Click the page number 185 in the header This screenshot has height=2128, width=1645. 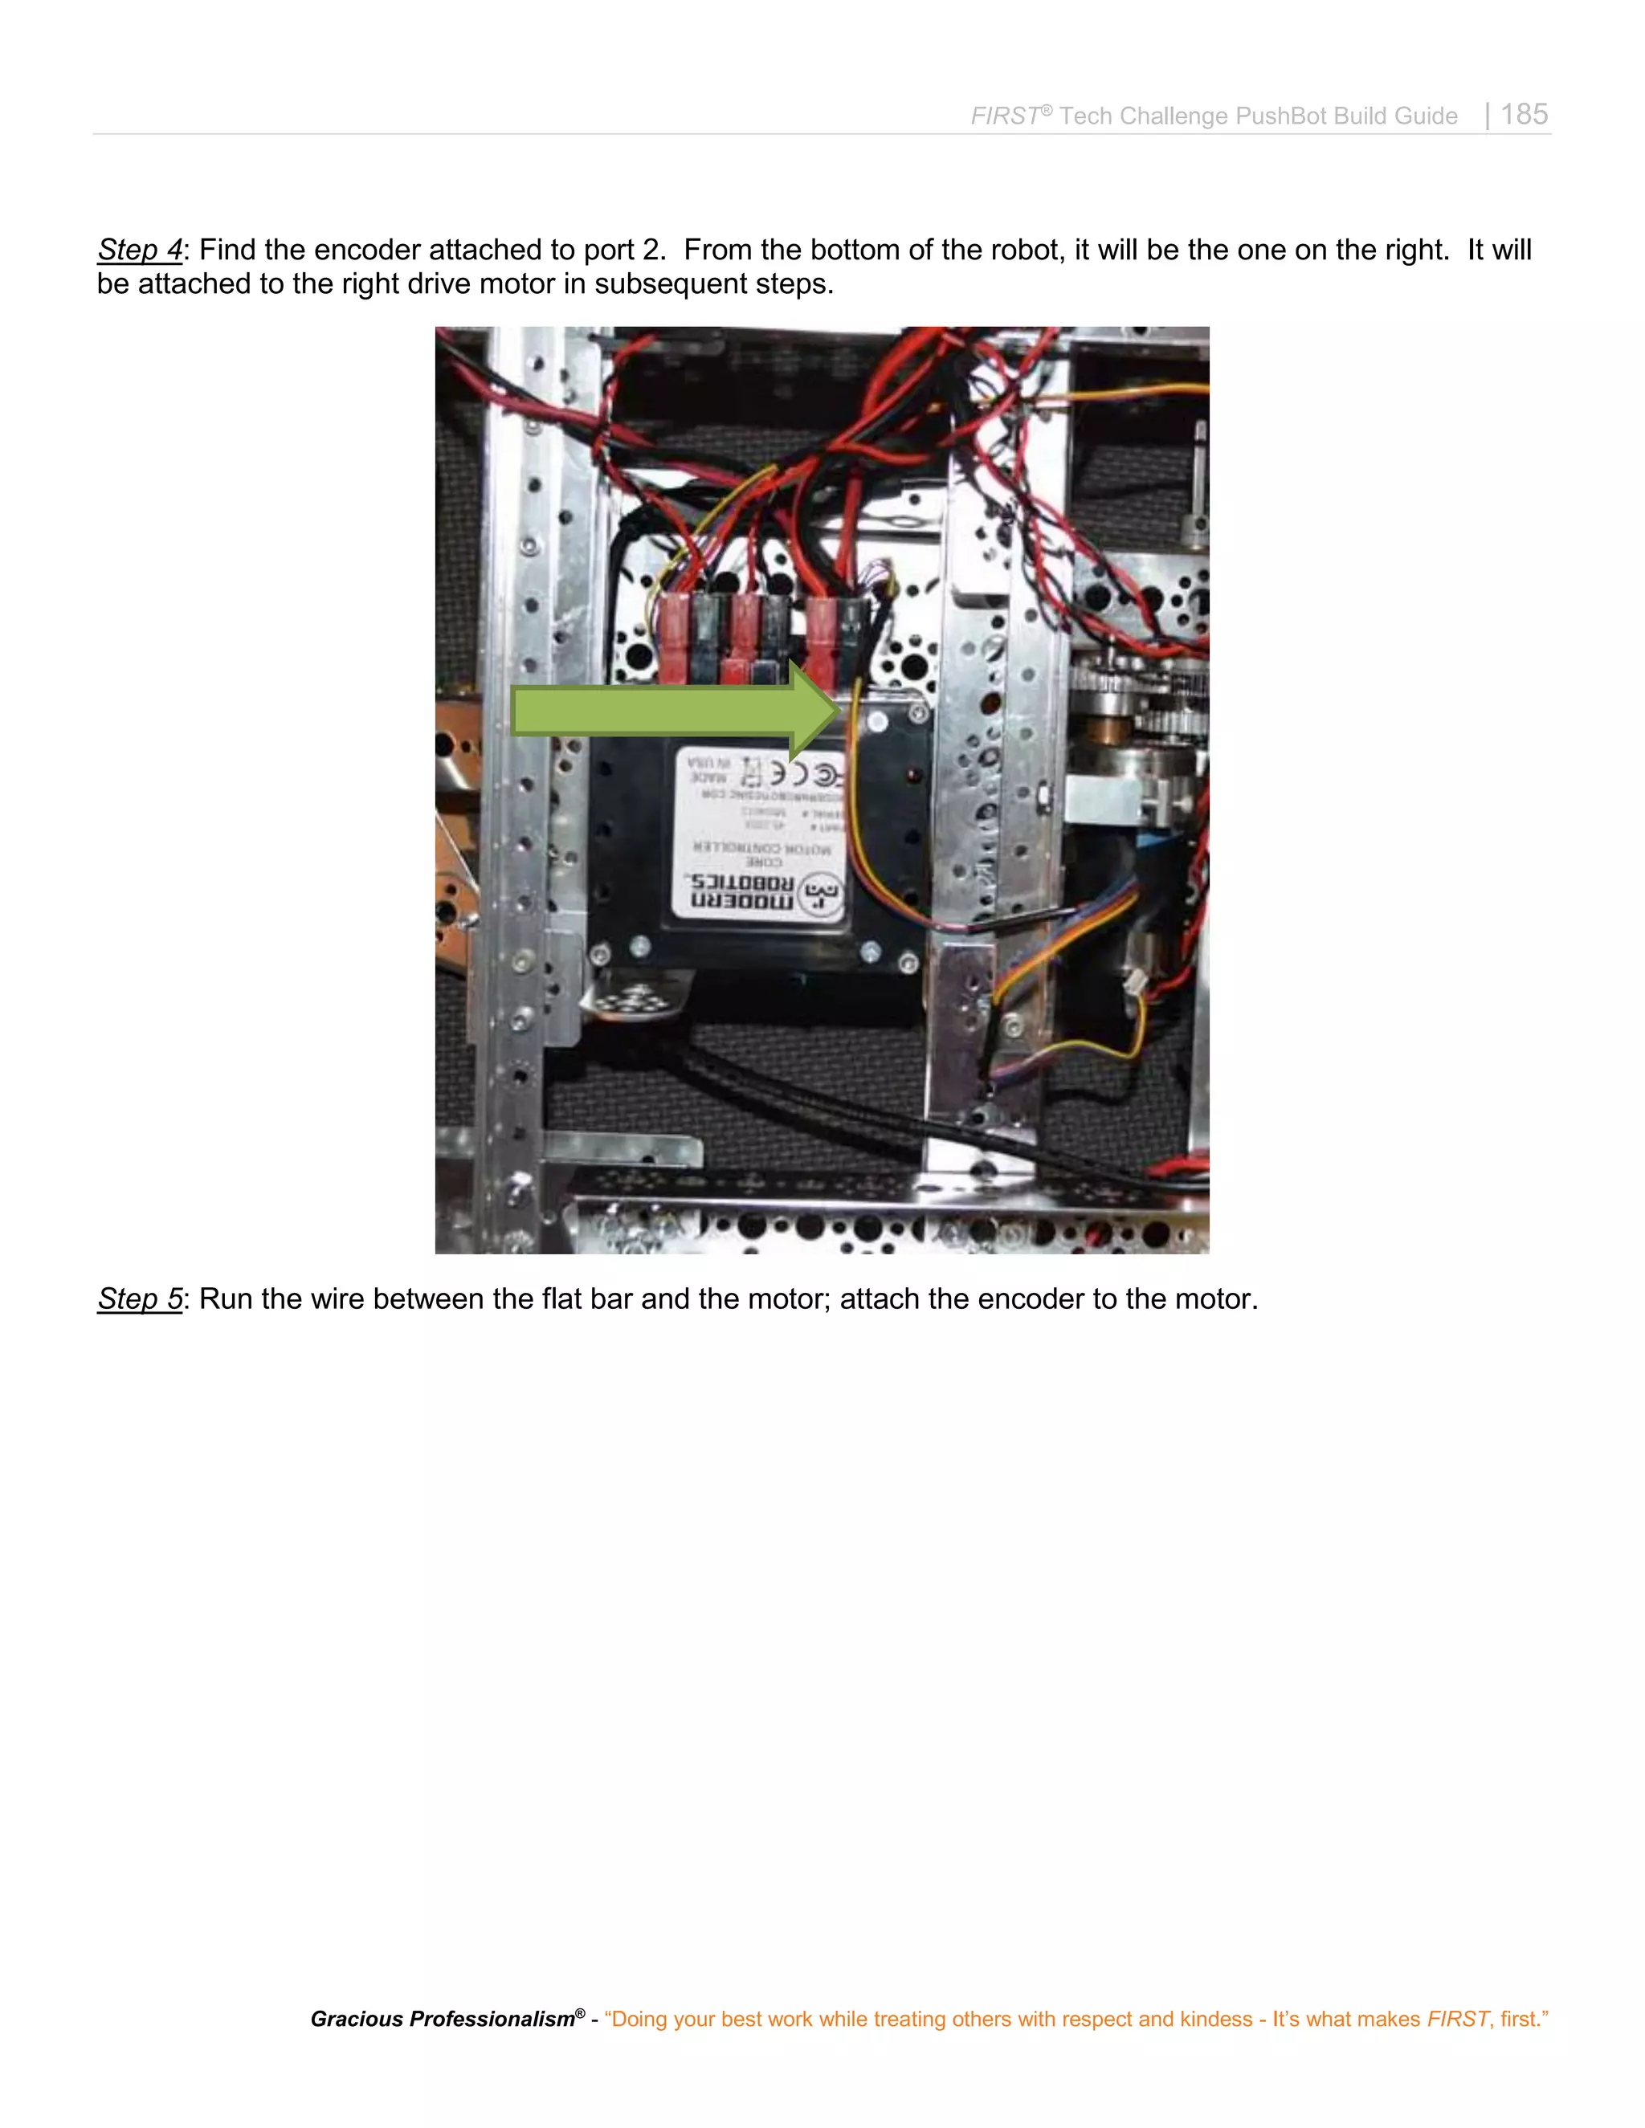tap(1525, 114)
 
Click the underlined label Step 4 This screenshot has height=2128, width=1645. tap(139, 251)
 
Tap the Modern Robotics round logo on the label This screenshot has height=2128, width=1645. tap(822, 895)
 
